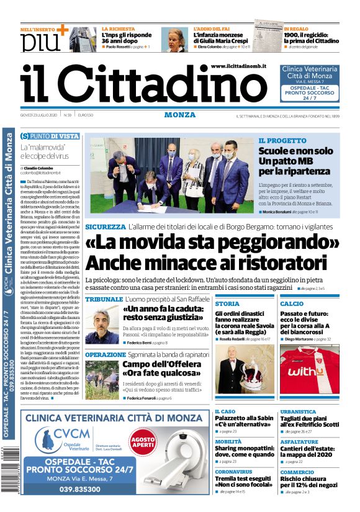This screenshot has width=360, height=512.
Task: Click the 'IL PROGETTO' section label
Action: pos(282,141)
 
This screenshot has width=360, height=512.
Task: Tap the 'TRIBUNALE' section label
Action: pos(104,299)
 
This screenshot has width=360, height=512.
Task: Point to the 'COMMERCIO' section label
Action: pos(297,472)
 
